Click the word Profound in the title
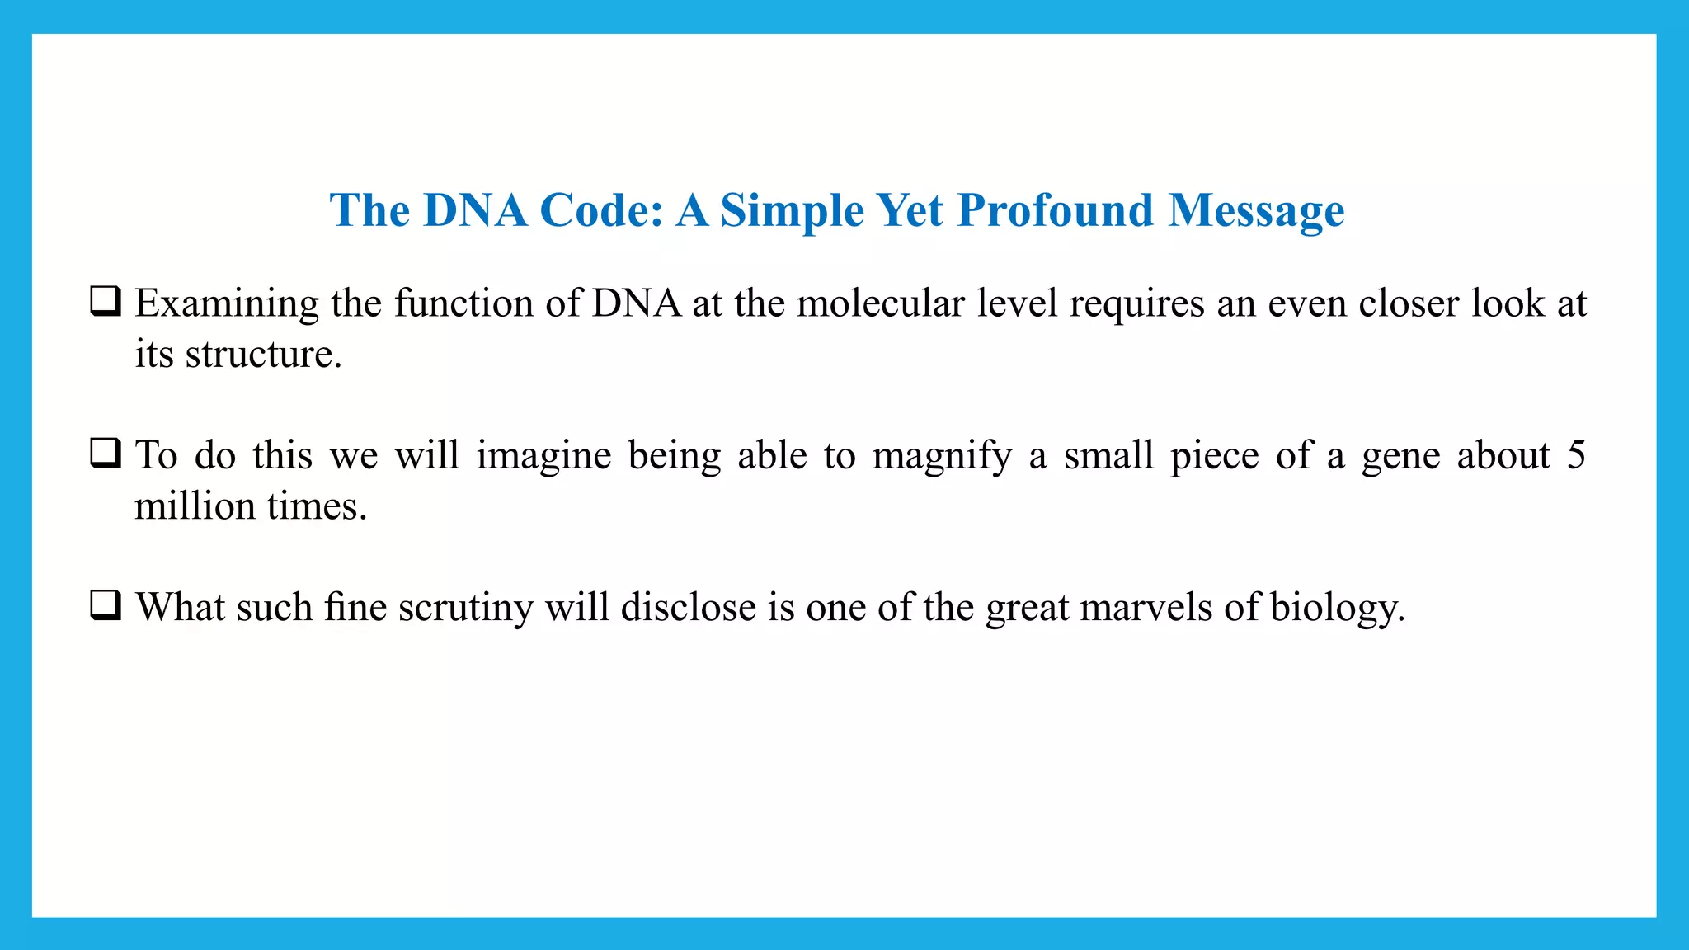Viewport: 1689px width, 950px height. coord(1055,211)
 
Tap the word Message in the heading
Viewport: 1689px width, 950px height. coord(1256,211)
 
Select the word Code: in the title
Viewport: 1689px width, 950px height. coord(601,211)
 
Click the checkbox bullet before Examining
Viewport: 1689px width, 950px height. coord(106,302)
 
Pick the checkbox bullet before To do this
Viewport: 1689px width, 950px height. coord(106,454)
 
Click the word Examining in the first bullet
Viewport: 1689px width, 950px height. coord(227,303)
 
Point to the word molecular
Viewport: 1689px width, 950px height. coord(880,303)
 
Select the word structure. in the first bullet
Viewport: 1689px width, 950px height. coord(263,355)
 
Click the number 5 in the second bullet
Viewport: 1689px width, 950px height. coord(1576,455)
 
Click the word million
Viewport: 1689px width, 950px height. coord(195,506)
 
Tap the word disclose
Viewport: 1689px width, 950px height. coord(688,608)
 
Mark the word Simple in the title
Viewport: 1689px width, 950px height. coord(792,211)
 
